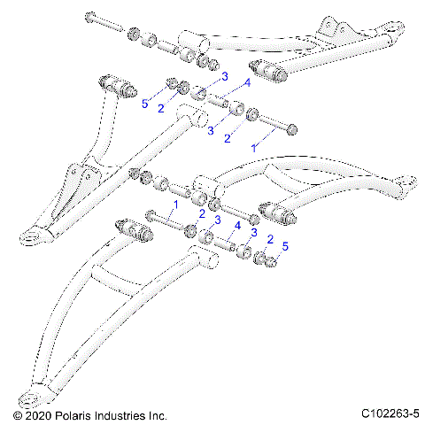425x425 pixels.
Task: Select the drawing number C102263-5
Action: click(x=390, y=414)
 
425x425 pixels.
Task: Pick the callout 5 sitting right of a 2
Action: click(x=284, y=244)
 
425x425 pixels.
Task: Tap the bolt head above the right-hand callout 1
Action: click(x=291, y=129)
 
